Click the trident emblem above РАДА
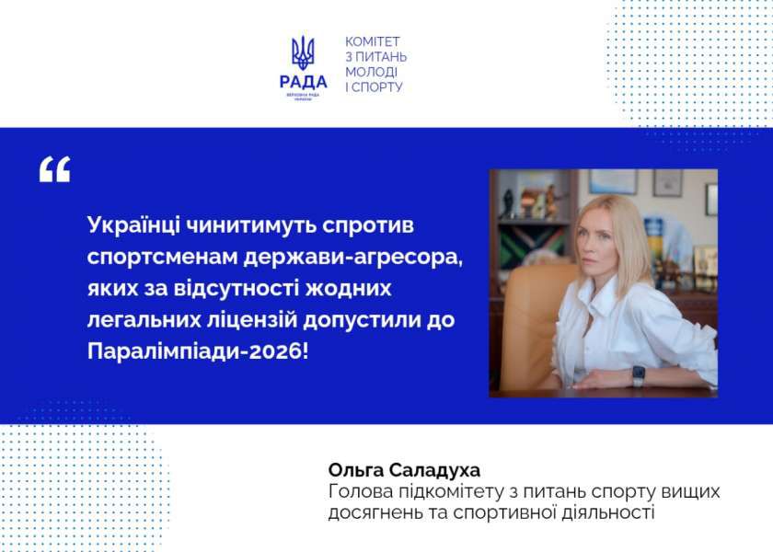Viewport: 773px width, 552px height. point(303,52)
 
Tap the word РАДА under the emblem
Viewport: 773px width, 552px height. point(303,81)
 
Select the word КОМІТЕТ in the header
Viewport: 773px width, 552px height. point(373,41)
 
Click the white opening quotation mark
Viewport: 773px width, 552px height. point(54,169)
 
